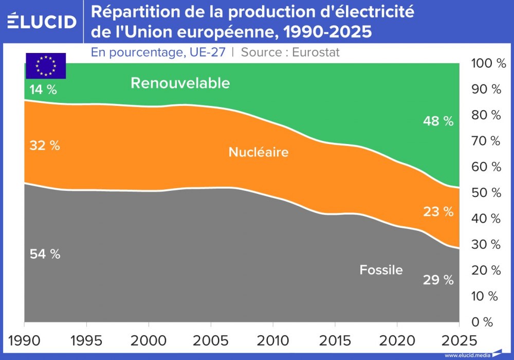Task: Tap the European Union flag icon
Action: (x=46, y=66)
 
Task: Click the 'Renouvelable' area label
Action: (x=180, y=83)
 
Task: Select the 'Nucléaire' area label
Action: (x=259, y=152)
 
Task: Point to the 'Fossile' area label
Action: (x=381, y=269)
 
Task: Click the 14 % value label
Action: (x=43, y=89)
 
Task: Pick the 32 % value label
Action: (x=44, y=146)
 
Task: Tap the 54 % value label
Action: (x=44, y=254)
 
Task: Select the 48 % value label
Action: (x=438, y=121)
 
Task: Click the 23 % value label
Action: (x=438, y=211)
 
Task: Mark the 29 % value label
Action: (x=438, y=280)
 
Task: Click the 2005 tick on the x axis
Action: (x=210, y=340)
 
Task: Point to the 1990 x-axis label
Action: (x=25, y=340)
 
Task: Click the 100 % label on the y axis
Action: (x=488, y=64)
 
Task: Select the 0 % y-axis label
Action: (x=483, y=322)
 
